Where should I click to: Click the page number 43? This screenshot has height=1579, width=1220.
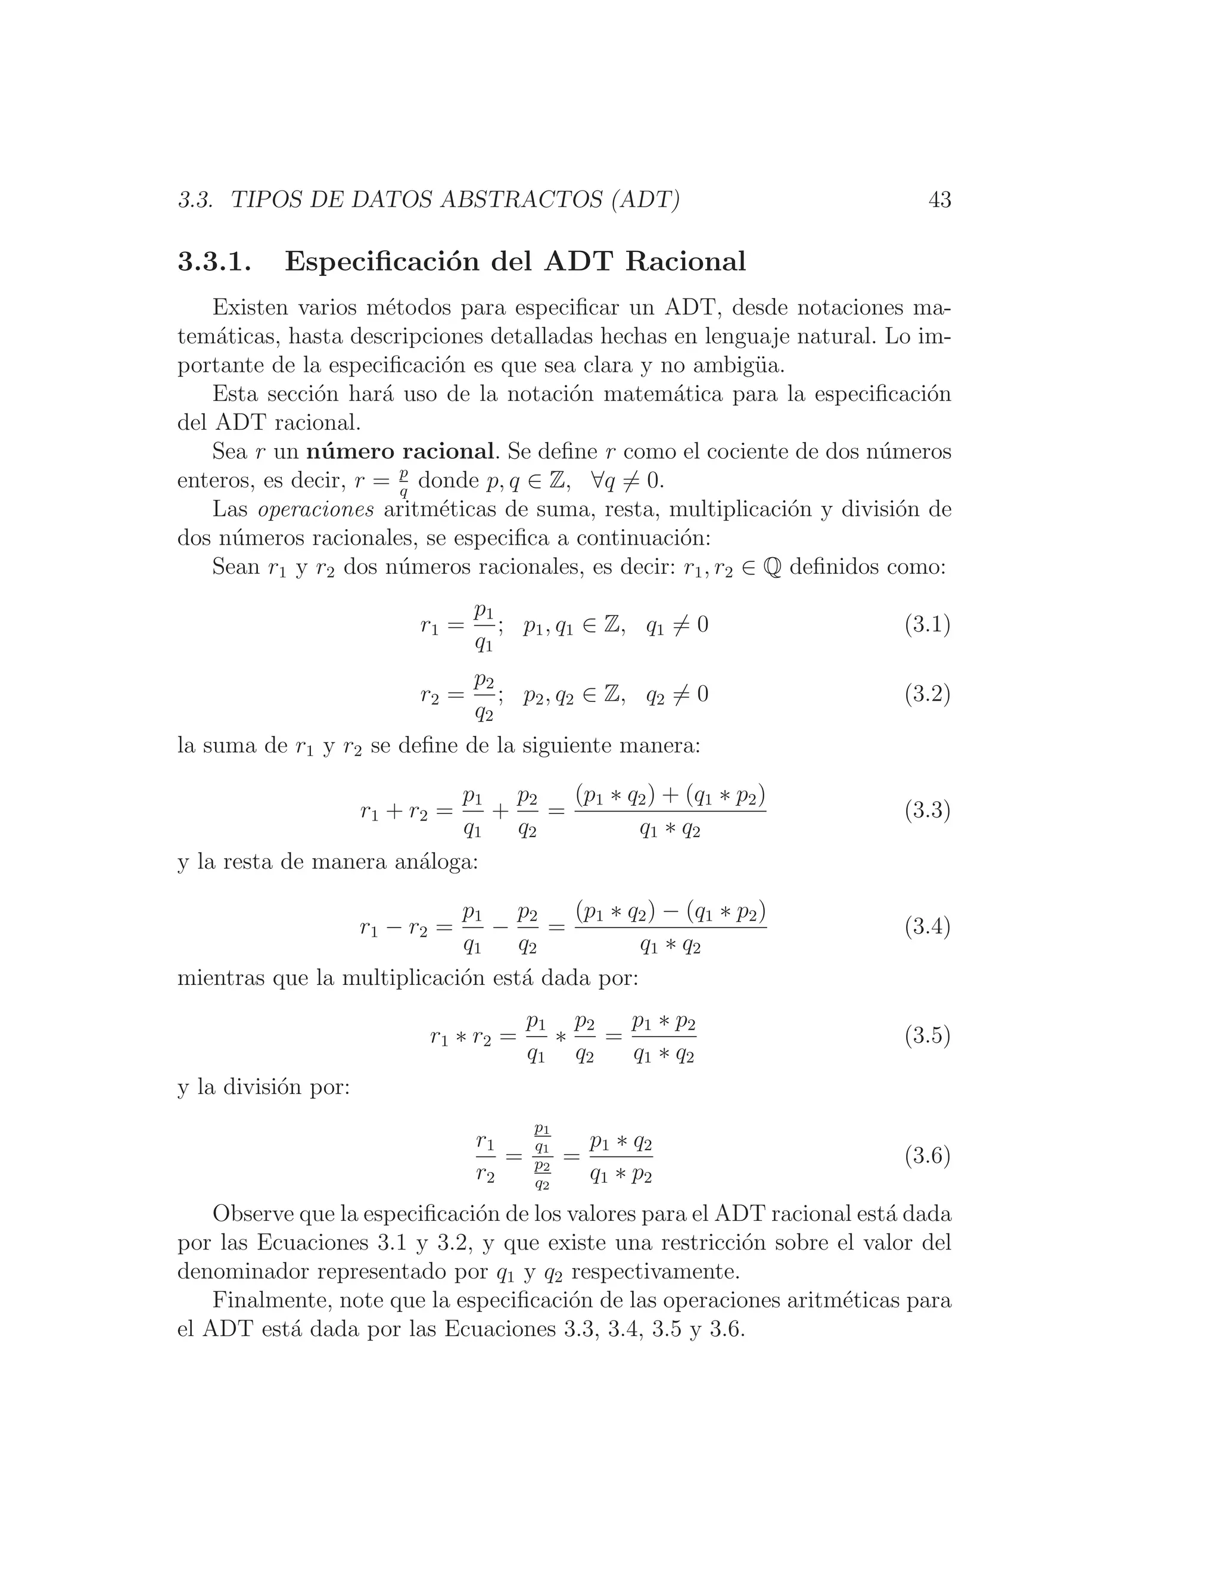939,200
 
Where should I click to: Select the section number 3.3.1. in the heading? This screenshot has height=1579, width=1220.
214,262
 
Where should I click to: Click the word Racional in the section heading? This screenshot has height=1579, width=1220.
685,262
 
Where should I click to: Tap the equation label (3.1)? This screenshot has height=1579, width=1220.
926,624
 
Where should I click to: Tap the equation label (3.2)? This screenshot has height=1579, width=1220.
926,695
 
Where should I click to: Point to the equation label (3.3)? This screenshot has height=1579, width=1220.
926,810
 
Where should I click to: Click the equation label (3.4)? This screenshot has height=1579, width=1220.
926,927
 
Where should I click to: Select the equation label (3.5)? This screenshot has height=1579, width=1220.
926,1036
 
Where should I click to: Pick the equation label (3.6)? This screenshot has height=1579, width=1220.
926,1156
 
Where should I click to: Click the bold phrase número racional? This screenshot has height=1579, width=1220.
400,452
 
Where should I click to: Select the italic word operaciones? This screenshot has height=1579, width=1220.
316,509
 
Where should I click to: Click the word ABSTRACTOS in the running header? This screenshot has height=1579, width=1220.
521,200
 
